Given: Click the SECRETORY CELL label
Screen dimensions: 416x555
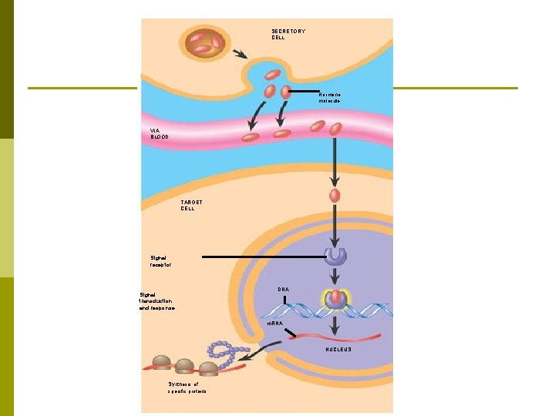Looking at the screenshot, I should tap(288, 34).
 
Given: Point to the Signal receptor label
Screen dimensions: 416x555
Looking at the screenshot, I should tap(160, 261).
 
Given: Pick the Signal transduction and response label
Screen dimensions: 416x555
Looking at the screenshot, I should tap(156, 300).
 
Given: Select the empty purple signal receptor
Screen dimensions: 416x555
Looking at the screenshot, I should tap(335, 256).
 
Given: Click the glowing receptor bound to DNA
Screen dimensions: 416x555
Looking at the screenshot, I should tap(335, 300).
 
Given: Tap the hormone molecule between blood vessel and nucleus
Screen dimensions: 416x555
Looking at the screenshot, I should tap(335, 195).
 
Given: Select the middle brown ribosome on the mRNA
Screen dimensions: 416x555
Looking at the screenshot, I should tap(185, 365).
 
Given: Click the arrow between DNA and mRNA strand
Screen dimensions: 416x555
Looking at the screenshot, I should tap(335, 324).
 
